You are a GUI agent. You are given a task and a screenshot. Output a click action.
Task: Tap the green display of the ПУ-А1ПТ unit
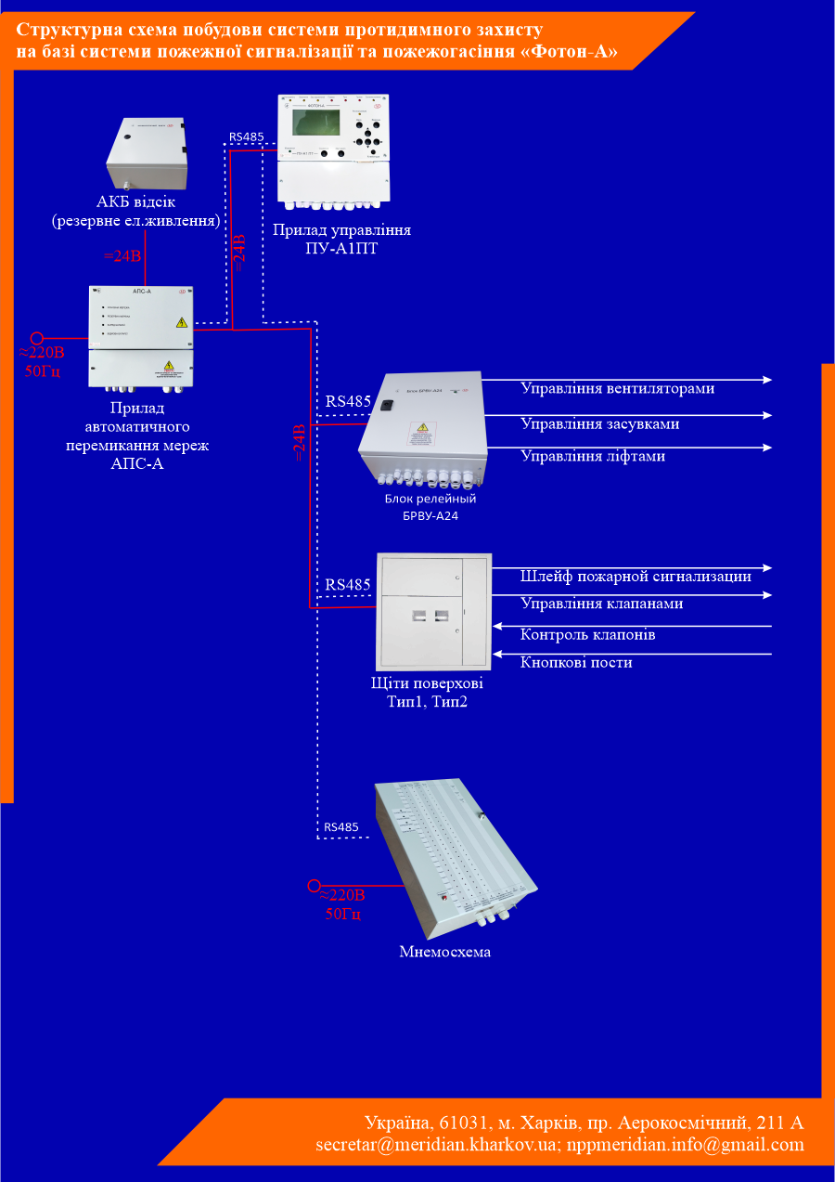316,123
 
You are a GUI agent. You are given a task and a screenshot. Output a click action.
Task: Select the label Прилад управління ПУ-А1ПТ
341,238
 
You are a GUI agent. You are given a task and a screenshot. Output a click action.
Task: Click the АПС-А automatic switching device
141,335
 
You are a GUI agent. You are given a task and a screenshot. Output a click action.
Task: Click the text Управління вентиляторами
617,389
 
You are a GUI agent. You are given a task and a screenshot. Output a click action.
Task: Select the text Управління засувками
599,423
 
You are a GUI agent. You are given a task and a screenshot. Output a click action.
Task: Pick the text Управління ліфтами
592,456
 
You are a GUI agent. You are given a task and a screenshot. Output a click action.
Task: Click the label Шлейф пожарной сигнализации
636,576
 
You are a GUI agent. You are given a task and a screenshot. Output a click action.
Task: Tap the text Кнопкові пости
576,662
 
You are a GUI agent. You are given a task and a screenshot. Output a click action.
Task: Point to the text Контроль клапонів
588,635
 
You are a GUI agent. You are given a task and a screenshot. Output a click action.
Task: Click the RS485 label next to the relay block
348,403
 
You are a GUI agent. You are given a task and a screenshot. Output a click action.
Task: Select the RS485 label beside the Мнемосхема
340,827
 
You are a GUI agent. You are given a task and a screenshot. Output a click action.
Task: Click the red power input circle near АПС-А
37,339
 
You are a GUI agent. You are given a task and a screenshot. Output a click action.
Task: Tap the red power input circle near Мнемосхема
314,886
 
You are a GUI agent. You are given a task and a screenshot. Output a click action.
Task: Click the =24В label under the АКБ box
122,256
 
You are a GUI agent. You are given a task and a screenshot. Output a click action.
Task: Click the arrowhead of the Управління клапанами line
766,595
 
